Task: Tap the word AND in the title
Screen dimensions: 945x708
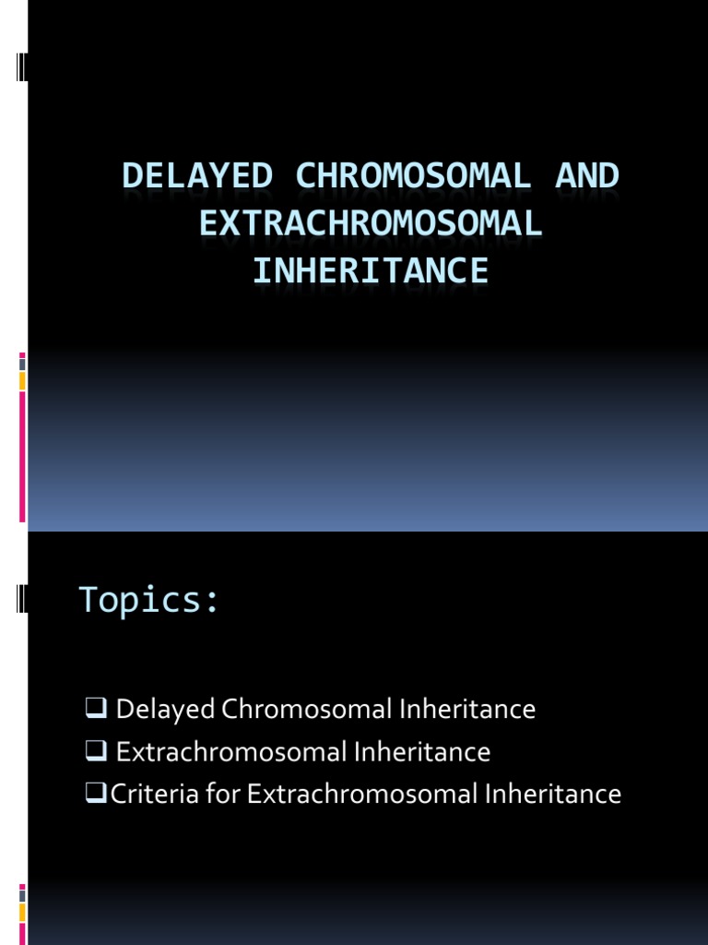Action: click(x=587, y=175)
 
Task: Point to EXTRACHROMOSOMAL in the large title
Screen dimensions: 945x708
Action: click(x=371, y=223)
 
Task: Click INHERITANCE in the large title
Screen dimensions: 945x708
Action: click(x=371, y=270)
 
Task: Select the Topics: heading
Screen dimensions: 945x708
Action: click(x=149, y=600)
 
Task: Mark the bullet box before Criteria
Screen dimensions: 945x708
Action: click(x=93, y=794)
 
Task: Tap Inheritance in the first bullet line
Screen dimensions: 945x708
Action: click(x=468, y=710)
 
